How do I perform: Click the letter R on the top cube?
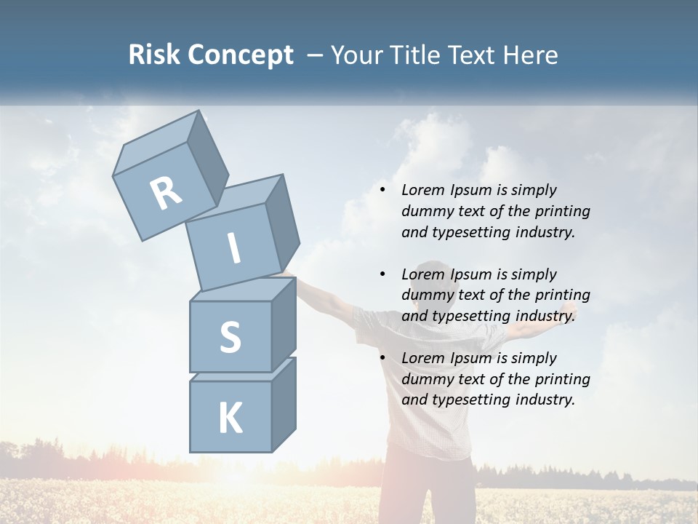(166, 193)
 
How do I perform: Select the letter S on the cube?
(230, 337)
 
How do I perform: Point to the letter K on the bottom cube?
(230, 418)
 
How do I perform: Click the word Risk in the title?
(153, 55)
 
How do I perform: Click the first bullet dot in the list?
(382, 190)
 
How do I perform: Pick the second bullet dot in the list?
(382, 274)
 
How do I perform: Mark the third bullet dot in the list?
(382, 358)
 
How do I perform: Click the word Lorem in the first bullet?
(422, 190)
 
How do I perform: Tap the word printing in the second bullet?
(563, 295)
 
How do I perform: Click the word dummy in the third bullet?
(427, 379)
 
